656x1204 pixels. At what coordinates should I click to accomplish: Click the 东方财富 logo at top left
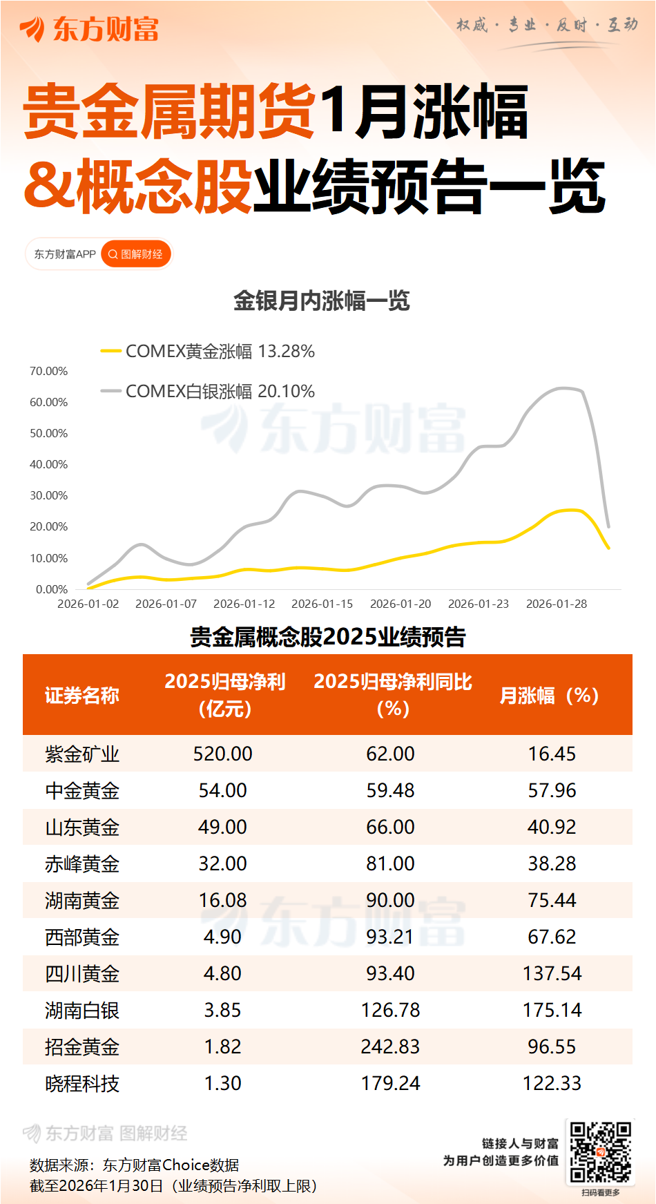89,29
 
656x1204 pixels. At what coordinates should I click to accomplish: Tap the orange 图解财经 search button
136,254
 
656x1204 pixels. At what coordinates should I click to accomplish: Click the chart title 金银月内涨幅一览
322,300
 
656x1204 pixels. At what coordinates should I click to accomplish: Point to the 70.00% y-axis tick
48,371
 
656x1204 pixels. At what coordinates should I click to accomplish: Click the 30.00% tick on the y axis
48,495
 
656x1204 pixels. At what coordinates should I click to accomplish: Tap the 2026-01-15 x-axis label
322,604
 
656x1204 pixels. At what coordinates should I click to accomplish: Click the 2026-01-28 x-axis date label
557,604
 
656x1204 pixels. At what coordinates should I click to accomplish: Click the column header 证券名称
82,695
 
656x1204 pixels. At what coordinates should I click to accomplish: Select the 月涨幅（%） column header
549,695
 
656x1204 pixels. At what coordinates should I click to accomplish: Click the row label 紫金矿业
82,754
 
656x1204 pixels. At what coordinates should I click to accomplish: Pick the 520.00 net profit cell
222,754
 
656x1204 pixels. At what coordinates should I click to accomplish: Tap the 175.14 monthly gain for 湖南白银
552,1010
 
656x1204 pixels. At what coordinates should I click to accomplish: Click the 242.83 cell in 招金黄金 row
390,1047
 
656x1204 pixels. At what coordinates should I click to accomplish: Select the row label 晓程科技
82,1083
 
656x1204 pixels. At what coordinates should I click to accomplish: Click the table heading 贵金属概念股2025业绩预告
328,636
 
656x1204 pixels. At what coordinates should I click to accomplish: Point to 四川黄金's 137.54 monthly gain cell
552,973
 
